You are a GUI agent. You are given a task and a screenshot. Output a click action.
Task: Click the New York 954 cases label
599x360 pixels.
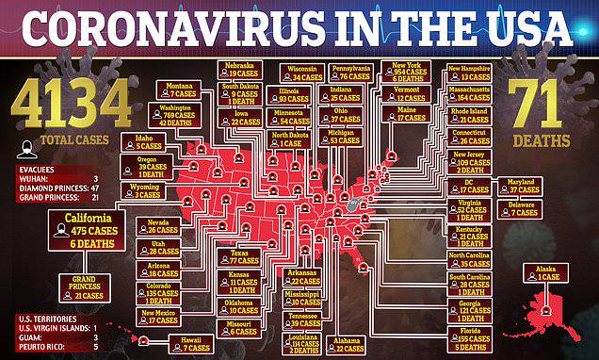(x=410, y=74)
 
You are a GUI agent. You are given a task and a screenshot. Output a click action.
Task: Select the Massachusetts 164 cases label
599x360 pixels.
(x=470, y=92)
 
